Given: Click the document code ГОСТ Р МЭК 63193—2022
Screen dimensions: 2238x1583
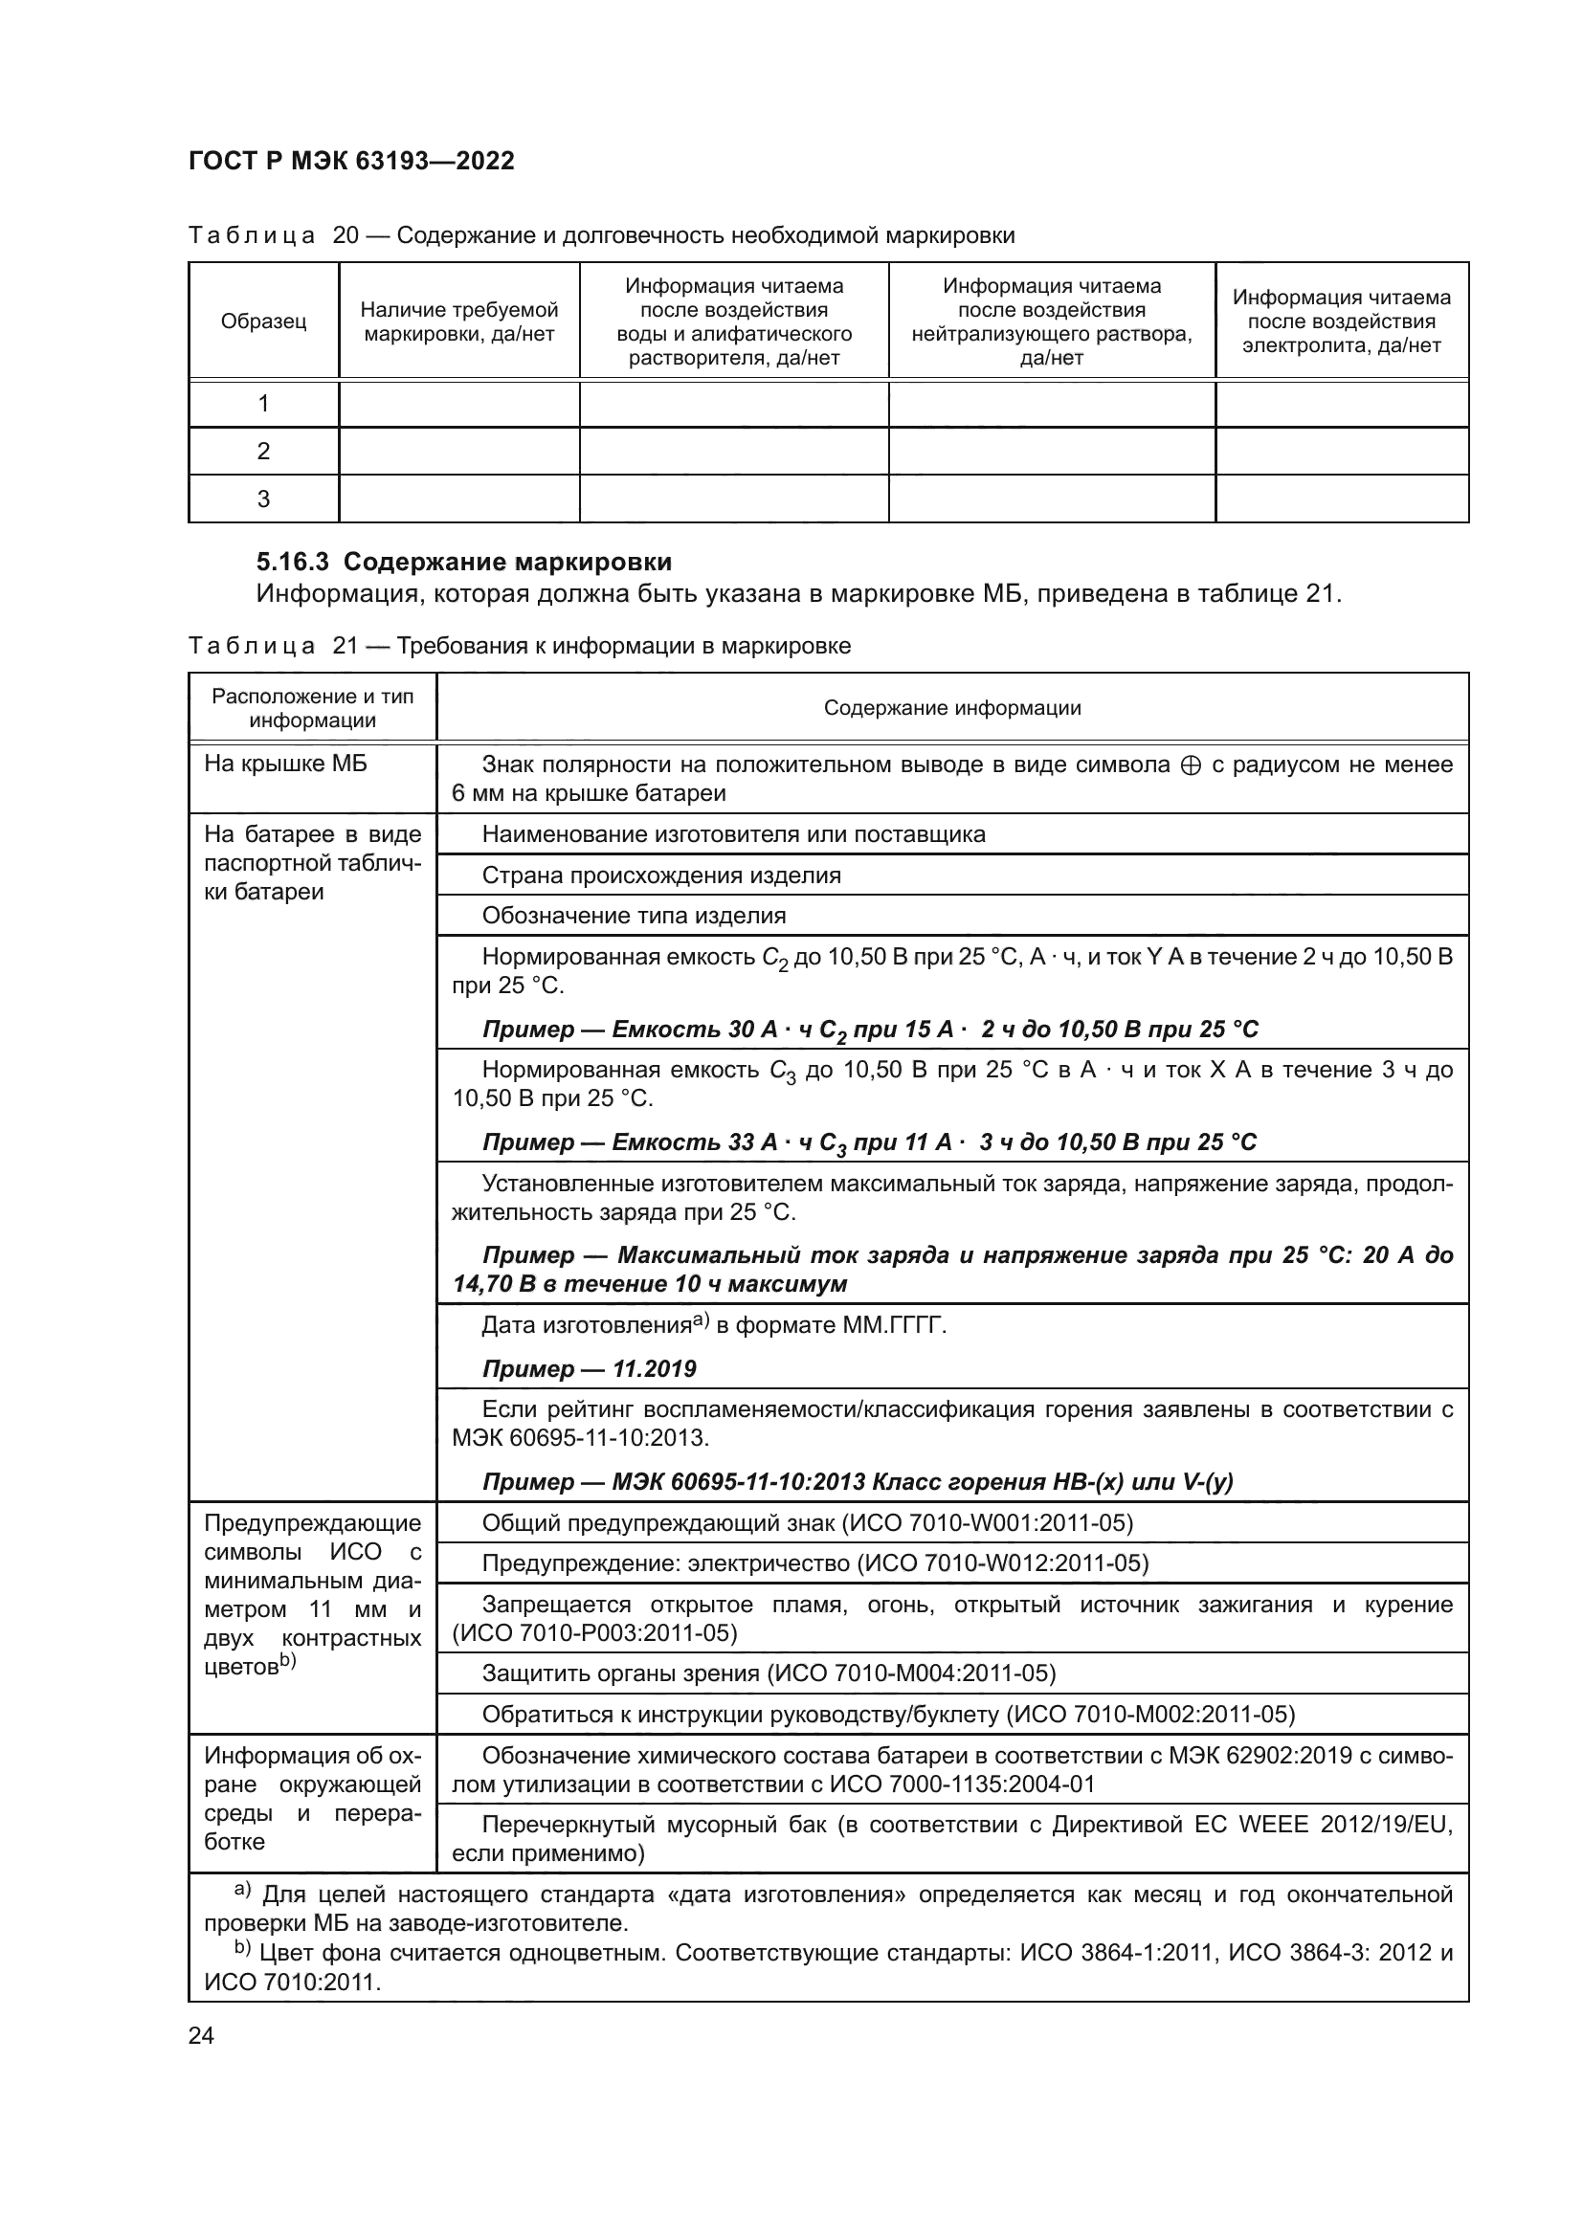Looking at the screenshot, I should (x=351, y=161).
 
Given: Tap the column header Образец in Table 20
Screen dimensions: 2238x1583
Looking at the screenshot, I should (x=263, y=321).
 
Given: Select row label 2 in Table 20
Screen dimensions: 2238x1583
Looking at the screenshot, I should (x=263, y=452).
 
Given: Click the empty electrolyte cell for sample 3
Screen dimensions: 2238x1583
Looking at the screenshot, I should (x=1341, y=499).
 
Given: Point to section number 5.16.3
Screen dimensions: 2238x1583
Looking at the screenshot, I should (x=296, y=563).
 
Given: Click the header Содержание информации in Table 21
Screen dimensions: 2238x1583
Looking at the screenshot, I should (x=952, y=708).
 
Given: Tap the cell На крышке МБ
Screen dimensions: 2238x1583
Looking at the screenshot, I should (x=285, y=764).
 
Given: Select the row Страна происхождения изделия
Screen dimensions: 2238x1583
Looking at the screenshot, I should (x=661, y=875).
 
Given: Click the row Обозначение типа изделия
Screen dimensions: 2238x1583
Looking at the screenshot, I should (x=634, y=917).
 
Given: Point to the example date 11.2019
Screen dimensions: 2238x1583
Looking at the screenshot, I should (x=654, y=1369).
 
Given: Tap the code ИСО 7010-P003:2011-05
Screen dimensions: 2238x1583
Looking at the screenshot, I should (x=595, y=1632).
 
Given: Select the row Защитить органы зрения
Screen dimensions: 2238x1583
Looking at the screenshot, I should (x=769, y=1673).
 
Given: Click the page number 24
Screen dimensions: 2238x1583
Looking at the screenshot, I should (x=201, y=2035).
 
